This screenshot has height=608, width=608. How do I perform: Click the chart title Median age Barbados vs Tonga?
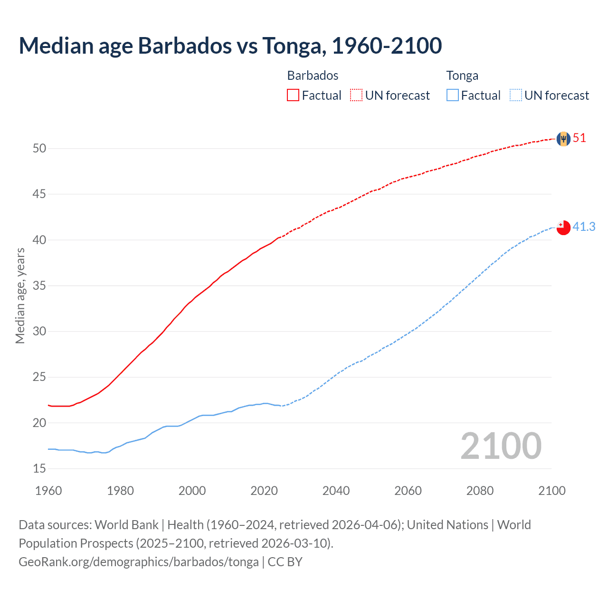[230, 46]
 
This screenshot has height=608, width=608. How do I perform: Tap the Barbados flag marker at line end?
[563, 139]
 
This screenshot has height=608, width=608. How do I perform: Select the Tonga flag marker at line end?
[563, 228]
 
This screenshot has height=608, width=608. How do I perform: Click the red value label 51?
[579, 138]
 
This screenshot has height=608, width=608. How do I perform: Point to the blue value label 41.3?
[584, 227]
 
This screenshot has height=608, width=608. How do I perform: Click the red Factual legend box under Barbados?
[293, 95]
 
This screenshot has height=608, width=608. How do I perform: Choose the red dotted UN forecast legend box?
[356, 95]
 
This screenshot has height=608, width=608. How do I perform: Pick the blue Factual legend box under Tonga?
[453, 95]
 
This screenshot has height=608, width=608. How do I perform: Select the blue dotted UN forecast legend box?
[516, 95]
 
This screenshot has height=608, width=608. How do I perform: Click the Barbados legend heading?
[313, 76]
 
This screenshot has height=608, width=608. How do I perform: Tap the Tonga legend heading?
[462, 76]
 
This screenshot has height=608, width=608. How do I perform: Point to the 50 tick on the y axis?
[39, 149]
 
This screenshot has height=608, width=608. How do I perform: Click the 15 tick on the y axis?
[39, 469]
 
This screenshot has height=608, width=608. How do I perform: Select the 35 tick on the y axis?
[39, 286]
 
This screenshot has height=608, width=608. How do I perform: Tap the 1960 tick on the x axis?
[48, 491]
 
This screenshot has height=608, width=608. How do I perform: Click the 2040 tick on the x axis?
[336, 491]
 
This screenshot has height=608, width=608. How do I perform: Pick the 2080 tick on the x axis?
[480, 491]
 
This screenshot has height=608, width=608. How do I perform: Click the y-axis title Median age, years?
[20, 295]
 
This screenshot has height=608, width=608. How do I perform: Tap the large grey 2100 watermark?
[501, 446]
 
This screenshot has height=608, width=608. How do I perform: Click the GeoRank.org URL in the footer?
[139, 562]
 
